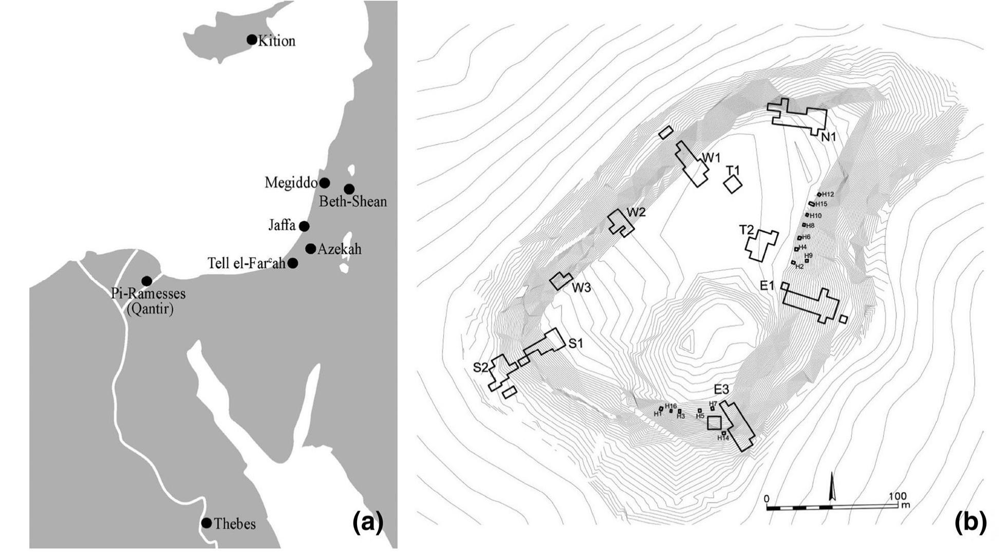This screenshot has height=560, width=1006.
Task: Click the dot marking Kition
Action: pos(252,40)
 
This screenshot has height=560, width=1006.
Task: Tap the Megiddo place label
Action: pos(291,183)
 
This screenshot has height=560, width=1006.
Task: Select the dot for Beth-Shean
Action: pos(349,189)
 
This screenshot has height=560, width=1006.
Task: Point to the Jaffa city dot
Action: pos(304,226)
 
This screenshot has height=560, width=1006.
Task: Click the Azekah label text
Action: pos(340,249)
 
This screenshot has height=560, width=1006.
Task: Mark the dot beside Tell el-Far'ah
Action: pos(293,263)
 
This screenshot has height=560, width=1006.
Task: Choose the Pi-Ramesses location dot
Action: pos(147,281)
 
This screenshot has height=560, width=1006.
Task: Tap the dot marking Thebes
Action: pos(207,523)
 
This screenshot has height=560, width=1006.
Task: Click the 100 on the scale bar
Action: pos(897,497)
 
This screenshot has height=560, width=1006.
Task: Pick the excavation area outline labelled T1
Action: pos(733,184)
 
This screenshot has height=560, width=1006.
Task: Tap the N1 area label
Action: pos(829,137)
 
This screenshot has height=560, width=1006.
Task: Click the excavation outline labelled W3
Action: pos(561,281)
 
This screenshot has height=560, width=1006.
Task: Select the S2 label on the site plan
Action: pos(480,367)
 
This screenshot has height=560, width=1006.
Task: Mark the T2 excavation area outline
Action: pos(762,245)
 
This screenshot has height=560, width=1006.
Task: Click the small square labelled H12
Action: pos(819,194)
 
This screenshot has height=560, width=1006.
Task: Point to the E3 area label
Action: pos(721,389)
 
